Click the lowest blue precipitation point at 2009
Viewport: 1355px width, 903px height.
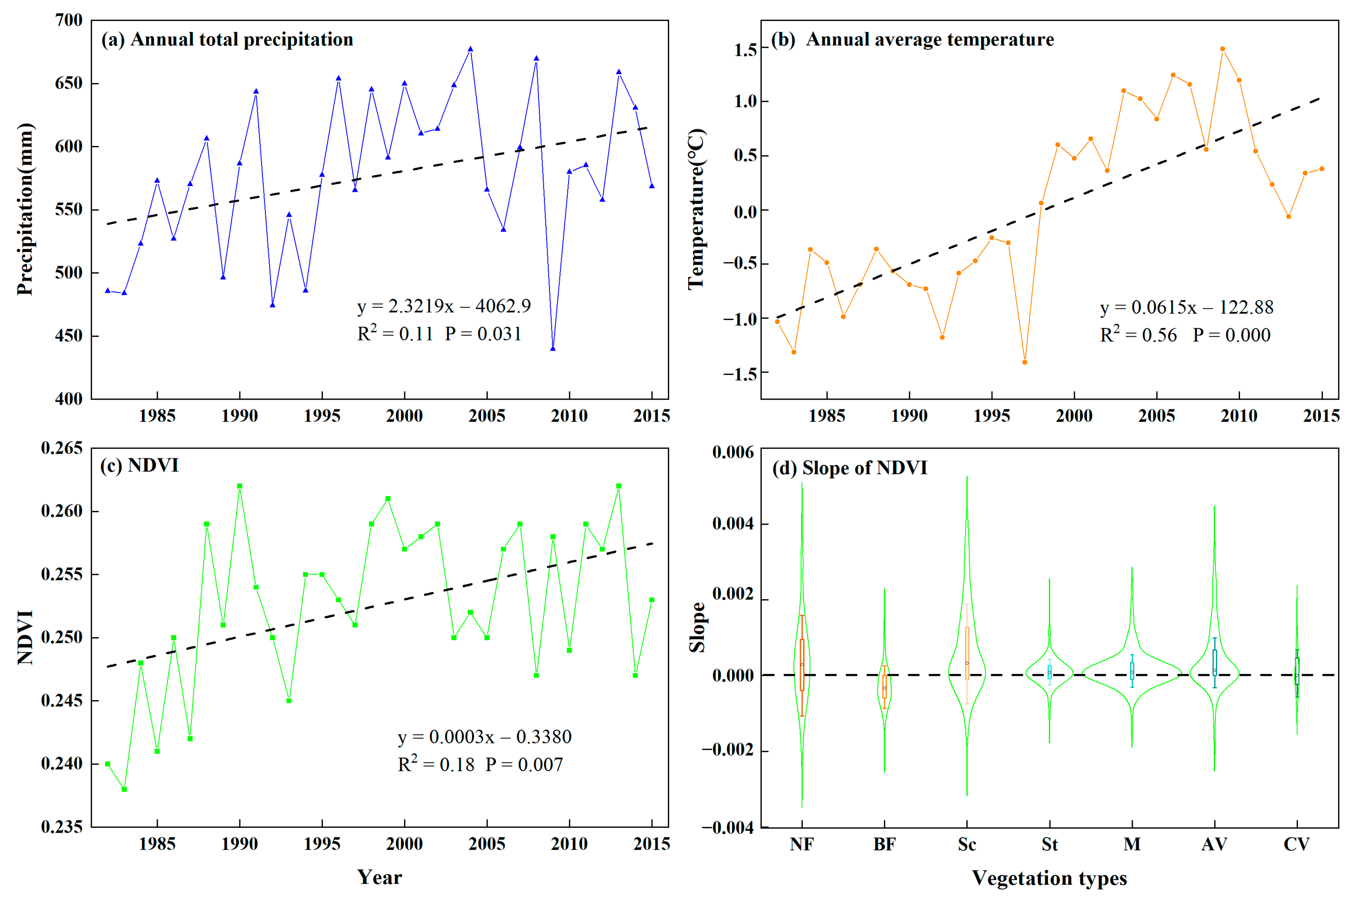tap(553, 348)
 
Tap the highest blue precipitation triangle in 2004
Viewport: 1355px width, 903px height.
tap(471, 49)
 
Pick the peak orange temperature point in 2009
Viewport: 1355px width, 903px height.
tap(1222, 49)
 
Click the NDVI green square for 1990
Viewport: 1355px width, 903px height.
tap(240, 486)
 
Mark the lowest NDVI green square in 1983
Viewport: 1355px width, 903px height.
tap(124, 789)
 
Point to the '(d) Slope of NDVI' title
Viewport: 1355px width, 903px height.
tap(850, 468)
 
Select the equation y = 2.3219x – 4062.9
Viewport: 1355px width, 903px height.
tap(444, 306)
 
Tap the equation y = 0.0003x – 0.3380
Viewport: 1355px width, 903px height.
tap(485, 736)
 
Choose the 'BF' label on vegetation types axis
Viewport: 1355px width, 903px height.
tap(884, 844)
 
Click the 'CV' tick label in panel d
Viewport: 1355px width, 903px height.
tap(1297, 844)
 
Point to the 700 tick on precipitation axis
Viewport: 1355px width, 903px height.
tap(68, 20)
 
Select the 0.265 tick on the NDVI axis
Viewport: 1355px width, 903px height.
tap(62, 448)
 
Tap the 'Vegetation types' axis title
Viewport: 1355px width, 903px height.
tap(1049, 878)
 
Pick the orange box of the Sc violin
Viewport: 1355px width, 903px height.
tap(967, 654)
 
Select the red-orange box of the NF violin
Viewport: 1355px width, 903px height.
tap(802, 665)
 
